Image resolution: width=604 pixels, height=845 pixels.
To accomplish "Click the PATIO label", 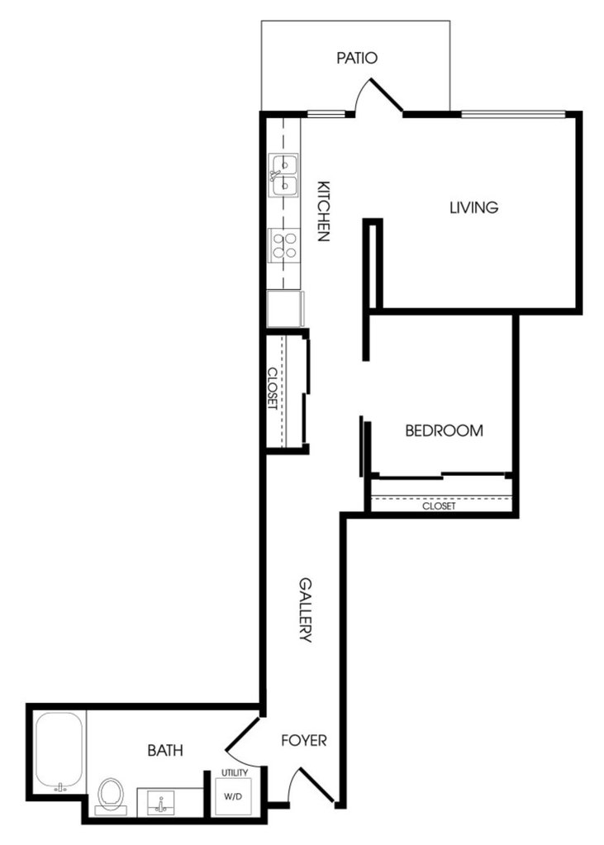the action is point(356,58).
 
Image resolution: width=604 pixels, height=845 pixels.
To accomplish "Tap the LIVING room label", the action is point(474,207).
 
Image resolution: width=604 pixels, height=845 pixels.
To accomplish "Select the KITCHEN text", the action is point(323,211).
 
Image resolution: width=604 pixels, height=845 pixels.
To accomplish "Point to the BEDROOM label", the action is point(444,430).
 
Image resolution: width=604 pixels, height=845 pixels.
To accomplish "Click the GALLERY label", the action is point(305,610).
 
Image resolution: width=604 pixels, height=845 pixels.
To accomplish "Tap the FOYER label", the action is point(304,740).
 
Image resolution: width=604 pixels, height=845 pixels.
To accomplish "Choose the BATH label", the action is point(165,750).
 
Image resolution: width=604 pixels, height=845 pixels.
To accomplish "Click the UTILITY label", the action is point(235,773).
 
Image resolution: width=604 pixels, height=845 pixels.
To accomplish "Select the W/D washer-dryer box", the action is point(234,796).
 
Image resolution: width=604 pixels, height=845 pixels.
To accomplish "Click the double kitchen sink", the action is point(283,175).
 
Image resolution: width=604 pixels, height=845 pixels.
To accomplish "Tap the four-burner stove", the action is point(284,245).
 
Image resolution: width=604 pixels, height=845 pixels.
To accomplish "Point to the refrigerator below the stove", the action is point(285,309).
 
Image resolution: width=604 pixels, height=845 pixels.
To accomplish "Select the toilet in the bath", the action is point(111,795).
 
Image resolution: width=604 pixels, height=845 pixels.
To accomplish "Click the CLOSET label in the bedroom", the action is point(439,506).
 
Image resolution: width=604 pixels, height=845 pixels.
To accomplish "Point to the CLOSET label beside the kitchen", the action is point(273,388).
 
